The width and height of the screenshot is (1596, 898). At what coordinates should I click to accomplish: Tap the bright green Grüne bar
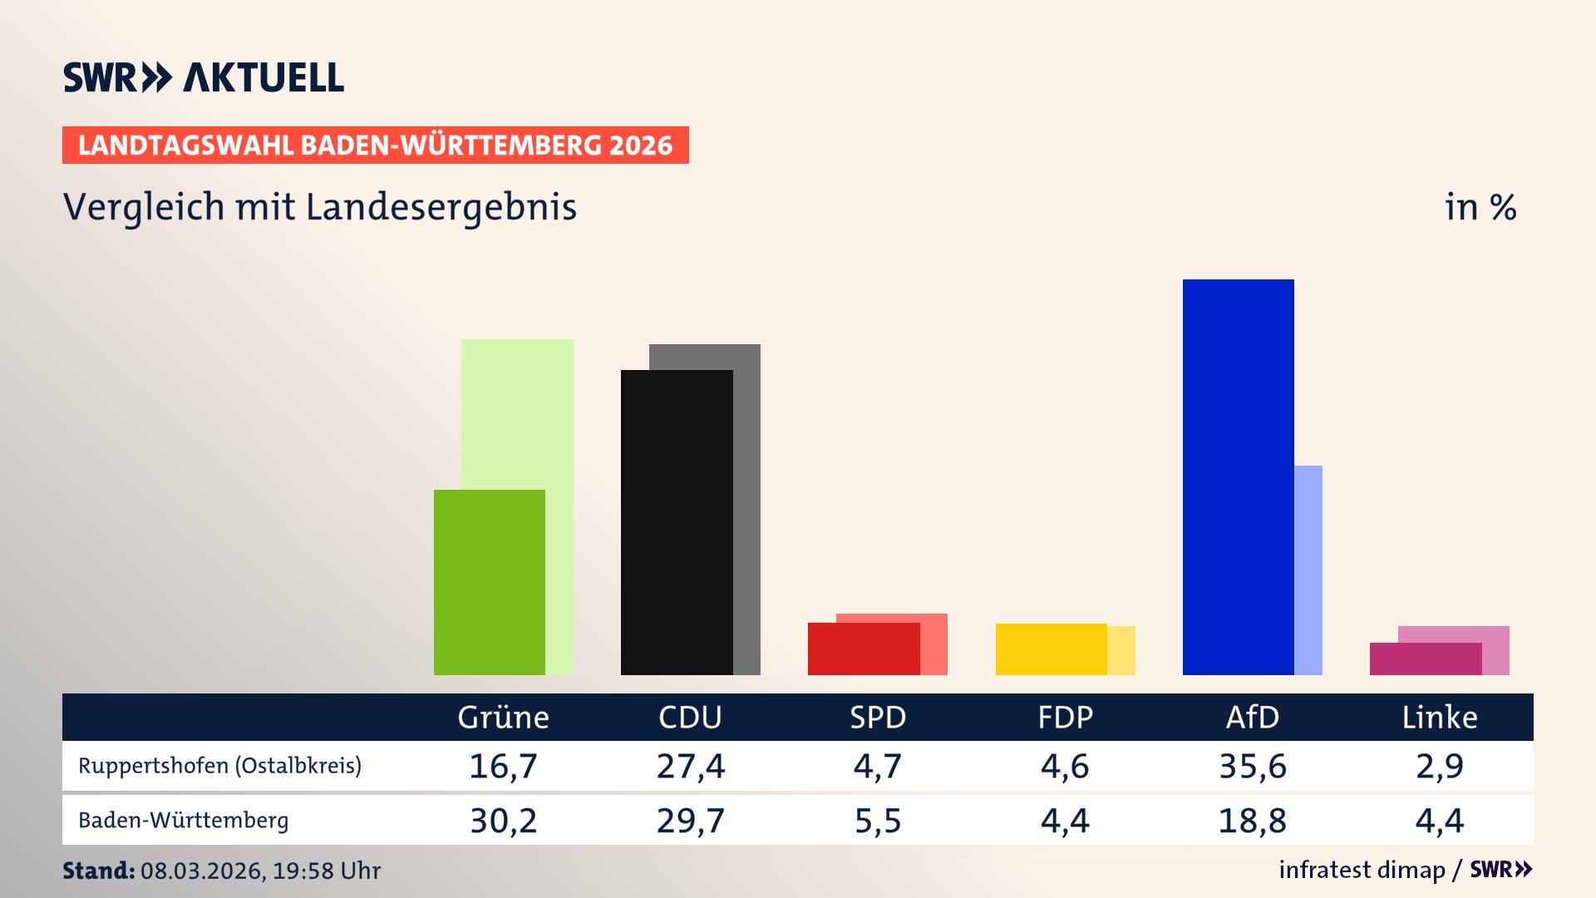point(489,582)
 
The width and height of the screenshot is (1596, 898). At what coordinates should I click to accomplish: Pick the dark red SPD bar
point(863,649)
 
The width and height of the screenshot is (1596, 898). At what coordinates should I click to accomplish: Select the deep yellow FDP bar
point(1051,649)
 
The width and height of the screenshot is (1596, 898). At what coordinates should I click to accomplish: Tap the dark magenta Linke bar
point(1425,659)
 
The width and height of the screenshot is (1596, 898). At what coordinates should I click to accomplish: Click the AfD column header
point(1252,717)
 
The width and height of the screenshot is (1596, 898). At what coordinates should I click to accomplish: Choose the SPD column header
point(877,717)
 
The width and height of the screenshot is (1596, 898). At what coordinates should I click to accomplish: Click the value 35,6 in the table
point(1252,766)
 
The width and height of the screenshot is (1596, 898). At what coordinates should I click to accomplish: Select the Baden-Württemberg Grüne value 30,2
point(503,821)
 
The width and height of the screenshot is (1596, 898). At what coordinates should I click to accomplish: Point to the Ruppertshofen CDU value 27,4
point(690,766)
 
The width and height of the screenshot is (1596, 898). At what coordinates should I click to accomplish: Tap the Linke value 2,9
point(1439,766)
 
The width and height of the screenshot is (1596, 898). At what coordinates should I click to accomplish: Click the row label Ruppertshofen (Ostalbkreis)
point(219,766)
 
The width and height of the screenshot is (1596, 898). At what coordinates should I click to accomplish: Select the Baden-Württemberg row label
point(183,821)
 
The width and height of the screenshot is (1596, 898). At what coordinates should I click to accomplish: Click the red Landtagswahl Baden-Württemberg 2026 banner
point(375,145)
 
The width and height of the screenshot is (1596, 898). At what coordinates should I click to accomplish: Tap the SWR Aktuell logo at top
point(203,77)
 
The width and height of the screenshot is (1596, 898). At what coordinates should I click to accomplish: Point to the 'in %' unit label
point(1480,207)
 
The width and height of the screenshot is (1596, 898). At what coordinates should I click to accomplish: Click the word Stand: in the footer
point(98,871)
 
